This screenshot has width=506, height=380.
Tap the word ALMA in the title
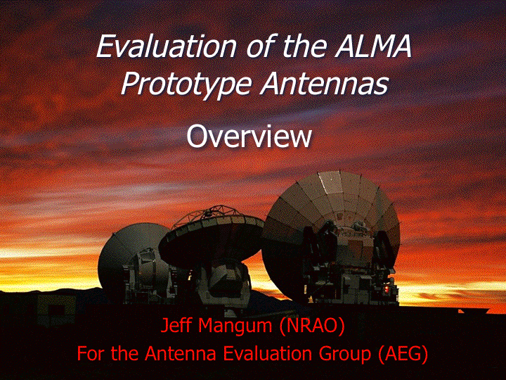[x=373, y=46]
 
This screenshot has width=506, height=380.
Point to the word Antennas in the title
[x=325, y=83]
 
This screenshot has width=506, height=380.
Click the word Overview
[x=249, y=136]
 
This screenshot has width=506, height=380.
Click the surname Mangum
[x=235, y=327]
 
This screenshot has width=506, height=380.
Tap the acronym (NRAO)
[x=312, y=326]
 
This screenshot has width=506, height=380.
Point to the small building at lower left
[x=56, y=310]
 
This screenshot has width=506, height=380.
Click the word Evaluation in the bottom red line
[x=268, y=353]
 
